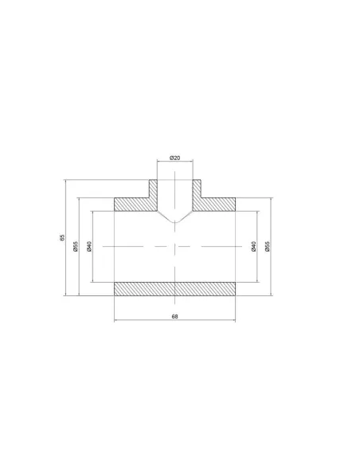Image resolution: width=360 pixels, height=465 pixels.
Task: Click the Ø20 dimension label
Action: pos(174,158)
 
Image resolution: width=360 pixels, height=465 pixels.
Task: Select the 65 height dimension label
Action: pos(62,237)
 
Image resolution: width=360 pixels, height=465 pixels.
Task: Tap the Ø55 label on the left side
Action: pos(76,247)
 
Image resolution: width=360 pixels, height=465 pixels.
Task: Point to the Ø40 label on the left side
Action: pos(89,247)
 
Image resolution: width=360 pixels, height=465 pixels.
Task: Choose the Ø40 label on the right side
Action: pos(253,247)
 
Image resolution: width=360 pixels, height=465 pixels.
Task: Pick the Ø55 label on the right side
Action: pos(267,247)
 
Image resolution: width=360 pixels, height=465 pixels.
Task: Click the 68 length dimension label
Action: pos(175,316)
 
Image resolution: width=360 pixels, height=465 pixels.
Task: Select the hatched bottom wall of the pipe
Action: pos(175,289)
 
